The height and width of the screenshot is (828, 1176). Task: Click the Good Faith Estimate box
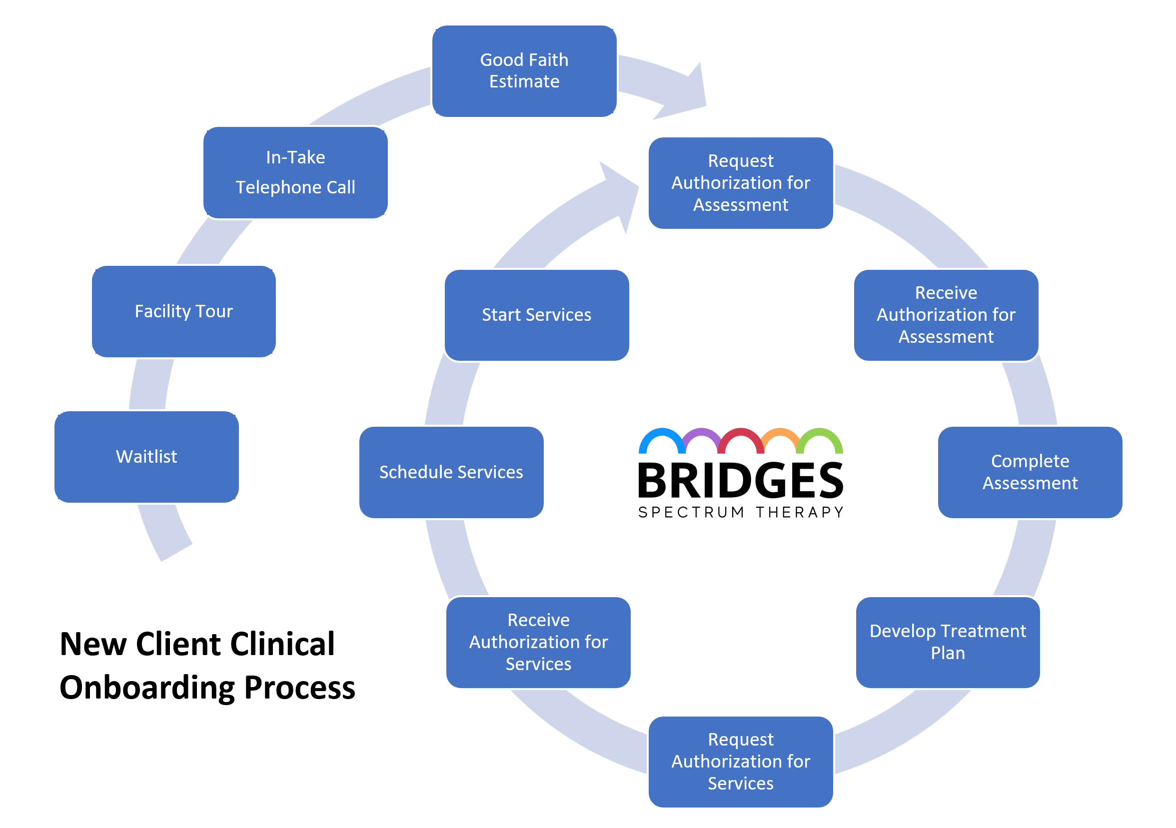coord(524,71)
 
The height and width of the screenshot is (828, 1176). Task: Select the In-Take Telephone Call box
coord(295,172)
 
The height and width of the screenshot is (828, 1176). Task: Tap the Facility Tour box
coord(184,311)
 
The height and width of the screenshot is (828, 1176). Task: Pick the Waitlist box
coord(146,457)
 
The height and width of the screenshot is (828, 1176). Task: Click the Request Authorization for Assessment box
coord(741,183)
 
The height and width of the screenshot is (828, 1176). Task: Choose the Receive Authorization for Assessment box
coord(946,315)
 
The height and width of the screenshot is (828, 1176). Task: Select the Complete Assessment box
coord(1030,472)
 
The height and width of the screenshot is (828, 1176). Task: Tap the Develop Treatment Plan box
coord(948,642)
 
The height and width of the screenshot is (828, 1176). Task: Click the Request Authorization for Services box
coord(741,762)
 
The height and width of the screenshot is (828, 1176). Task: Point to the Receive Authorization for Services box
coord(538,642)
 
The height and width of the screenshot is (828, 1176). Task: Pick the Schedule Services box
coord(451,472)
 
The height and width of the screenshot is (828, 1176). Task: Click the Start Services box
coord(537,315)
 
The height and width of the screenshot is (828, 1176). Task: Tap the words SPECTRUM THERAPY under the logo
coord(741,513)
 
